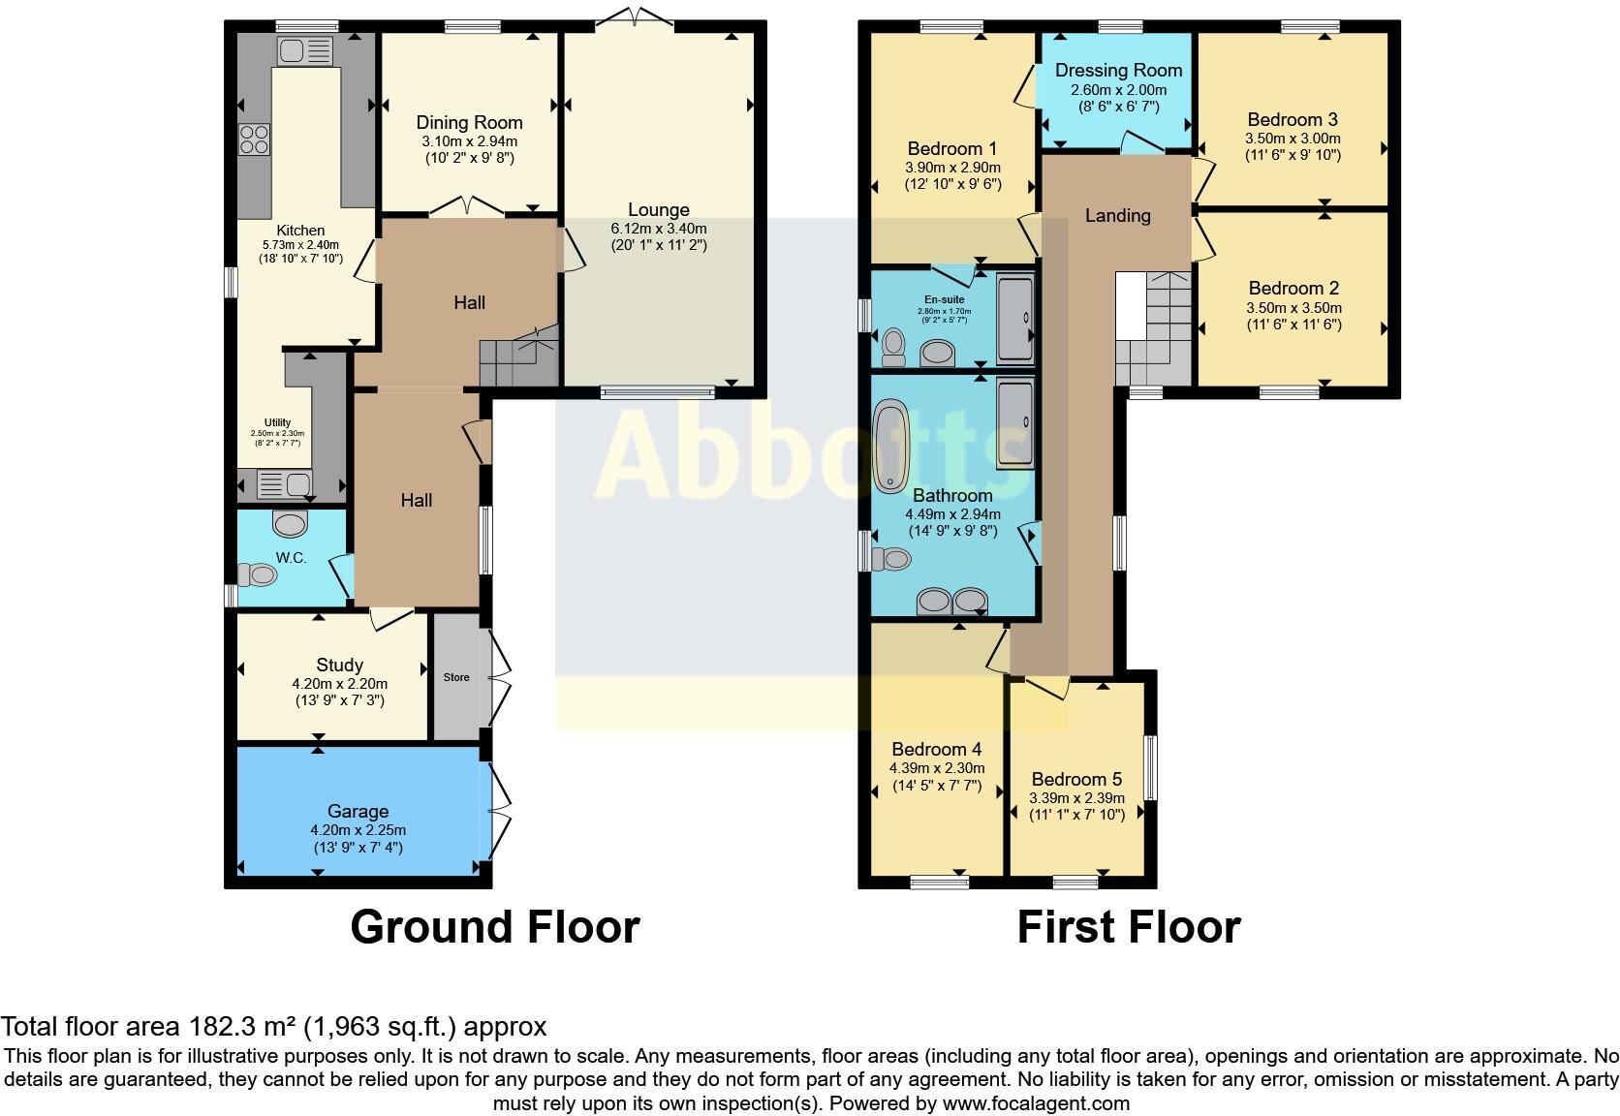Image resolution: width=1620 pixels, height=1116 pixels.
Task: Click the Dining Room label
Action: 469,123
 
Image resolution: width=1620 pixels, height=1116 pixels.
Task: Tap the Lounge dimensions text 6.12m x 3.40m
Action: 658,229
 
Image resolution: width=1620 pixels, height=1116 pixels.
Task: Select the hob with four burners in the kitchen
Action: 254,139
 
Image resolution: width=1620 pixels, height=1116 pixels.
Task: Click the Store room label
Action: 456,677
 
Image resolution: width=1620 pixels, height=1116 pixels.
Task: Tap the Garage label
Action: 358,811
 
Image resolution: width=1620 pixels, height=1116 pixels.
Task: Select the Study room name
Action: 339,665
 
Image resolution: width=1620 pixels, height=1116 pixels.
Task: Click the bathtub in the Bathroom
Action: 890,448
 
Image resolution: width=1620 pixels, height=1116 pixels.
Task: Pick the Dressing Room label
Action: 1118,70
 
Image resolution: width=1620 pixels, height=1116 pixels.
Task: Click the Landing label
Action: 1117,215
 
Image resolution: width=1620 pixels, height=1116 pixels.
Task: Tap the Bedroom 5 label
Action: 1076,779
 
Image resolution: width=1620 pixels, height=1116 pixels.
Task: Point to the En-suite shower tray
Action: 1014,320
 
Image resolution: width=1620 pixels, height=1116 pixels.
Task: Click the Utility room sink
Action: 284,482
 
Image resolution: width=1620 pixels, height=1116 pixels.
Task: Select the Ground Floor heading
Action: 494,927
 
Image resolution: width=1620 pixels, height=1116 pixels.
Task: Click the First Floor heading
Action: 1128,927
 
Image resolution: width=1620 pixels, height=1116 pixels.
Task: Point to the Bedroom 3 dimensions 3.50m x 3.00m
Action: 1293,139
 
